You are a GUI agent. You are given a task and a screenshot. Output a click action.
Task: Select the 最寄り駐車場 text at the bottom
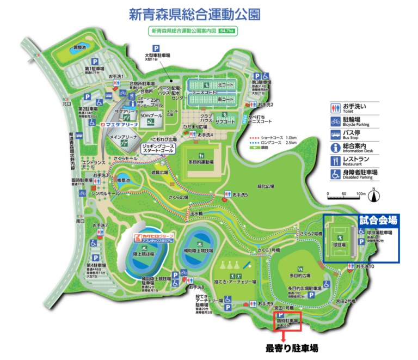click(x=291, y=348)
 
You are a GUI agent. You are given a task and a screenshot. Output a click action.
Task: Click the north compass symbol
click(x=374, y=193)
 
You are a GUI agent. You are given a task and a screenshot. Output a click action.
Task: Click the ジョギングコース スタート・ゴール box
click(x=158, y=148)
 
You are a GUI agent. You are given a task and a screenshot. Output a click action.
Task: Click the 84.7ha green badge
click(x=226, y=32)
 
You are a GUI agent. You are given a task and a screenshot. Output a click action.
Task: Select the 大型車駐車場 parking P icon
click(x=155, y=47)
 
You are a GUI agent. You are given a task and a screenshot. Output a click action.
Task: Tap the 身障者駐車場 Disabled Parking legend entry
click(x=355, y=174)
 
